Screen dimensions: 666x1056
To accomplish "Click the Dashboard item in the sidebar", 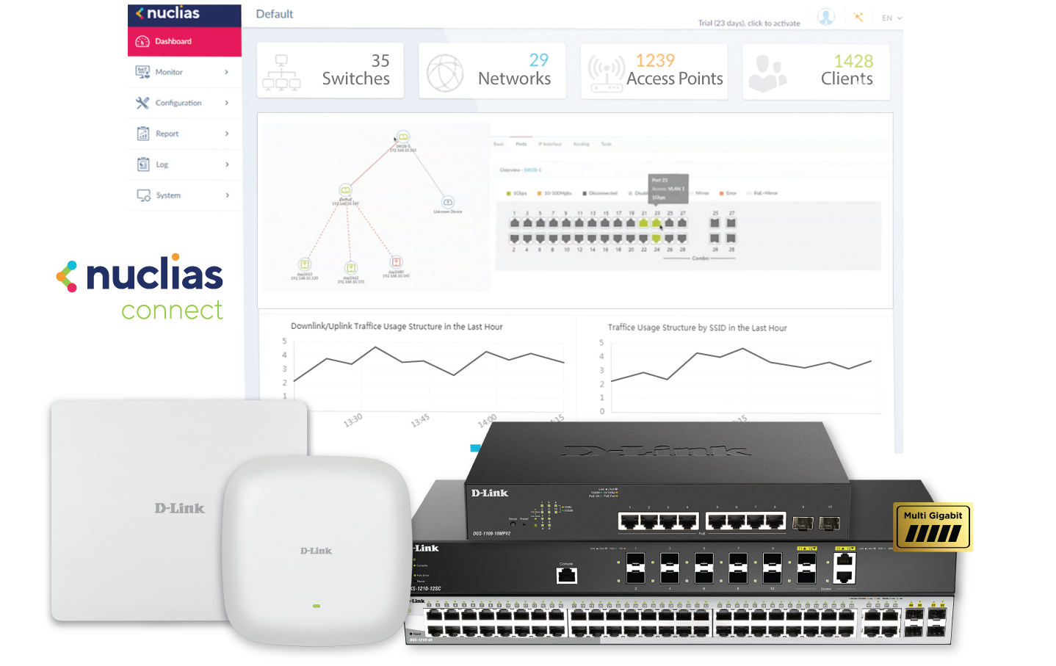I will click(x=173, y=42).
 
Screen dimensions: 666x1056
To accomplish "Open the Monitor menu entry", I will click(x=169, y=72).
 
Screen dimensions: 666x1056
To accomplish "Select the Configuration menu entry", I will click(x=178, y=103).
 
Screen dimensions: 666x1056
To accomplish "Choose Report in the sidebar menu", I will click(x=167, y=134).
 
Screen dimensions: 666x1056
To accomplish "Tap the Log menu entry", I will click(x=162, y=164).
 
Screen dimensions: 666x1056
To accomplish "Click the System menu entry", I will click(x=168, y=195).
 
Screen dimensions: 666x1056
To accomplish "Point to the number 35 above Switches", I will click(x=380, y=61).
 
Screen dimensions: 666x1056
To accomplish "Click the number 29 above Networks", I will click(x=539, y=60).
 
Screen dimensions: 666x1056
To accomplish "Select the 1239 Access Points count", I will click(x=655, y=60).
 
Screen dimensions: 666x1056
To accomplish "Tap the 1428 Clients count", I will click(x=853, y=61).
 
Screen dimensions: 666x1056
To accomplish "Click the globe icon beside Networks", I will click(x=445, y=73).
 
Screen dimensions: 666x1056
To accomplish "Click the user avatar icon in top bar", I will click(x=826, y=17).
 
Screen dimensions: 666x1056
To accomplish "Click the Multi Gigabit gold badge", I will click(x=933, y=526).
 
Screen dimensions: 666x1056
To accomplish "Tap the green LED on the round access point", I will click(x=317, y=606).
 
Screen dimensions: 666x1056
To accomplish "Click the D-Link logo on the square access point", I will click(x=180, y=508).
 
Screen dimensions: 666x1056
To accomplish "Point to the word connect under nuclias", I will click(x=172, y=311).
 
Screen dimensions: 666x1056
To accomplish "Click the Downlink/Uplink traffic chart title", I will click(x=397, y=327).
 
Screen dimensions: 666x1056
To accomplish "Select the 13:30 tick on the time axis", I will click(x=353, y=420).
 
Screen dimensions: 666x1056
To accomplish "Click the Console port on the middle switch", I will click(x=566, y=574).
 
